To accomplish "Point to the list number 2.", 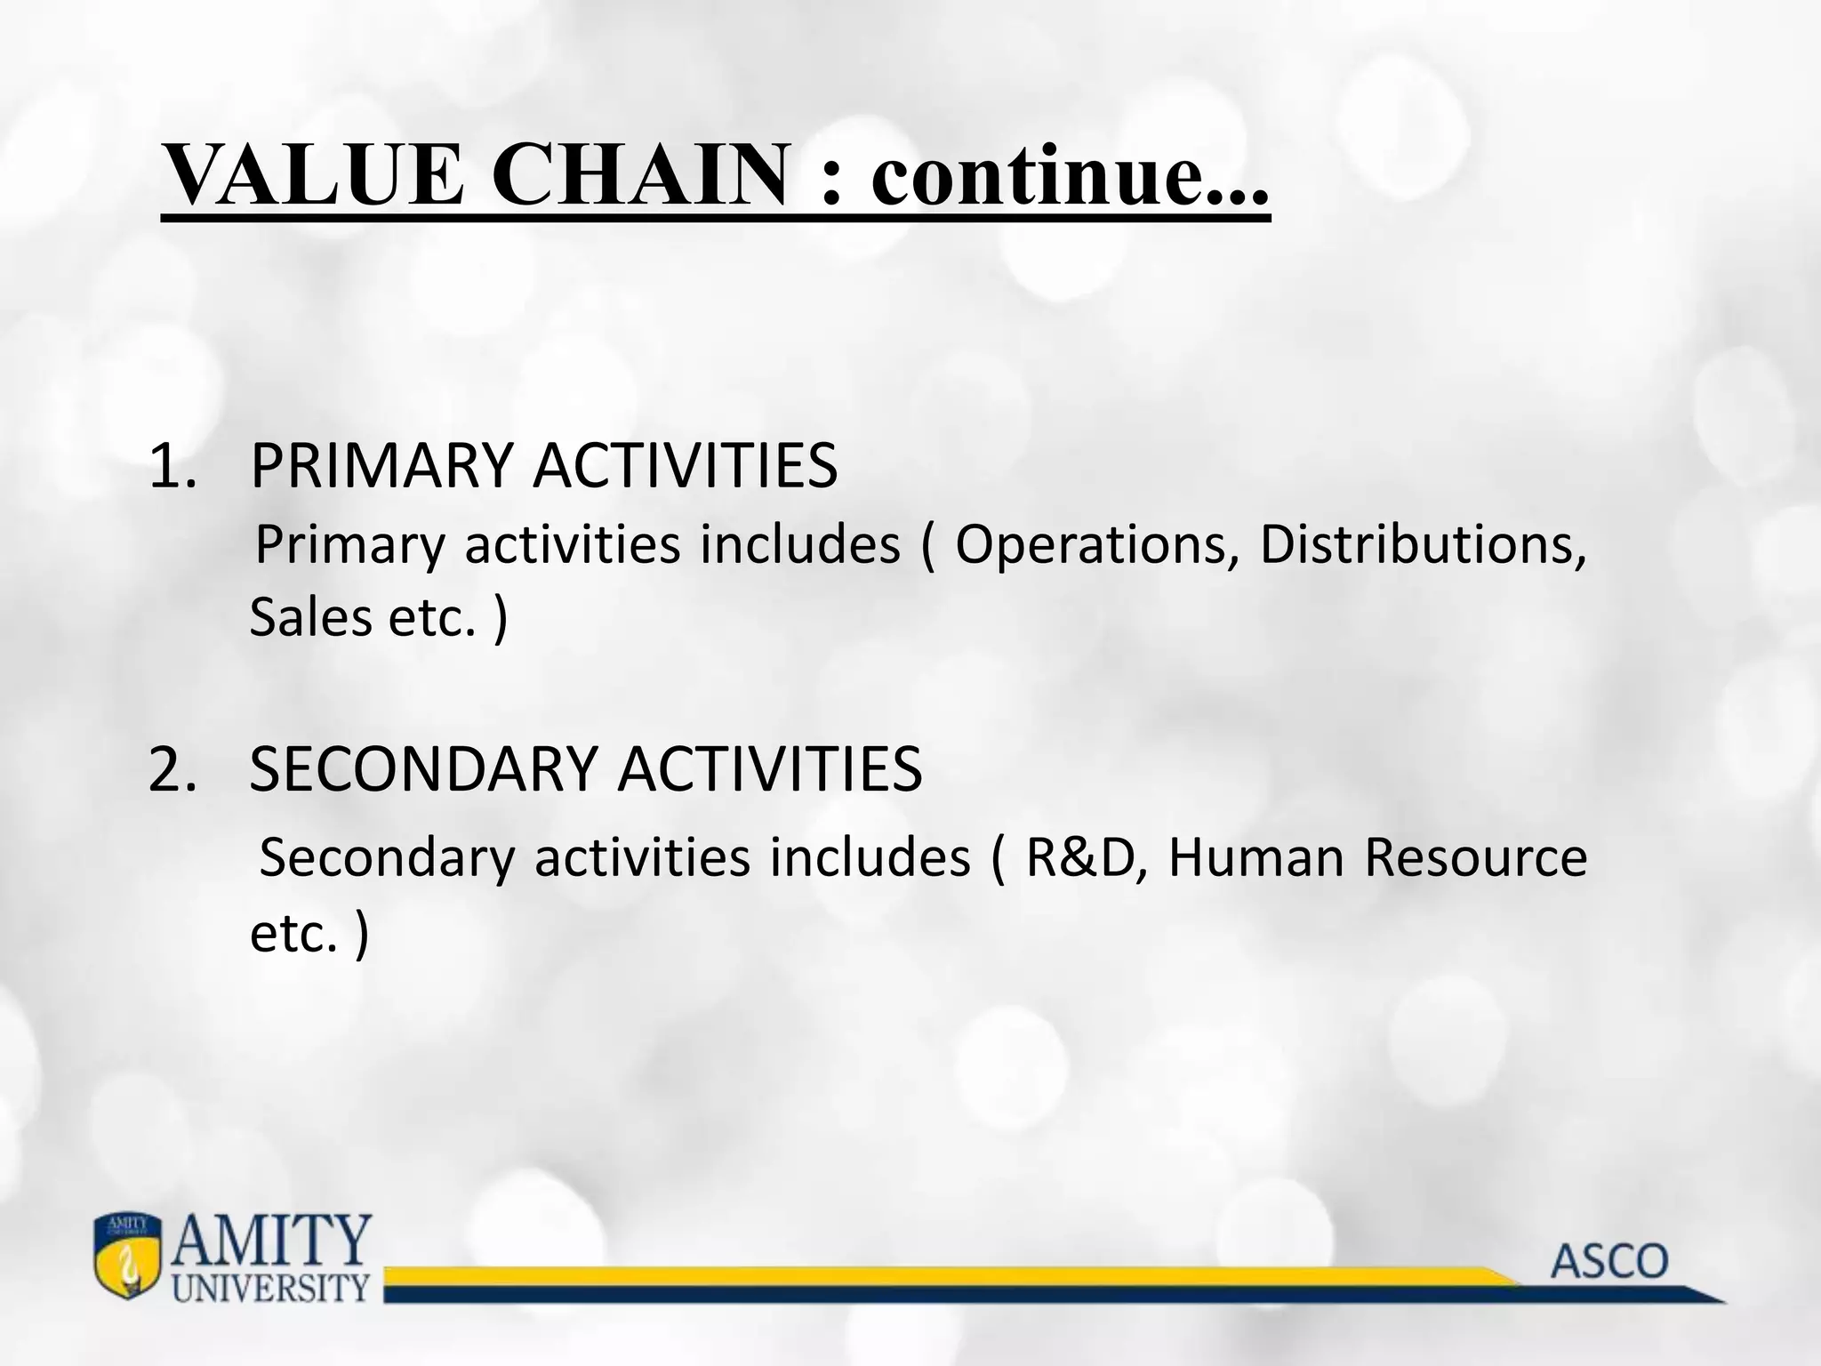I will click(x=172, y=769).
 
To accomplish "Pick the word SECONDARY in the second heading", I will click(x=422, y=769).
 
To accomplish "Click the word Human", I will click(x=1255, y=858).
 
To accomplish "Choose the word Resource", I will click(x=1475, y=858).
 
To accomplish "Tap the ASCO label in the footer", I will click(x=1610, y=1262).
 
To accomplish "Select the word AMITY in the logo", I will click(x=270, y=1240).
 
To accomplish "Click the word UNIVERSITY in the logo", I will click(x=270, y=1287).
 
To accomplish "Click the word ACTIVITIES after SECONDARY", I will click(x=769, y=769).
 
